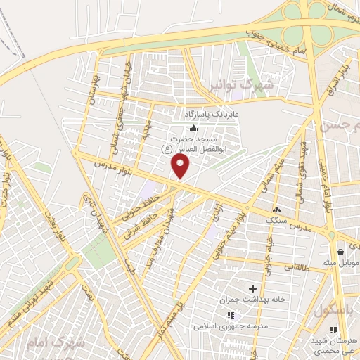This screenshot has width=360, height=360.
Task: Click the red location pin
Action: click(181, 166)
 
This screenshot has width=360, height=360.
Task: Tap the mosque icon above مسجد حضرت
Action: click(193, 127)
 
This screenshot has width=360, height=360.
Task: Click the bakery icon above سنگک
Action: click(277, 209)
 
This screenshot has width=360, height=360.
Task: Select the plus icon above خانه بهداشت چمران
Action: click(252, 288)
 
